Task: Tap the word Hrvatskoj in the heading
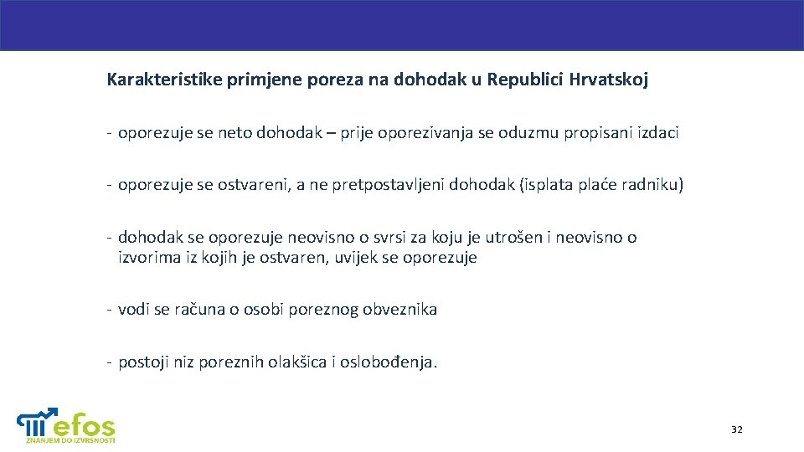pyautogui.click(x=609, y=80)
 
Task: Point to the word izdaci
pyautogui.click(x=657, y=133)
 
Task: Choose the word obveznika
pyautogui.click(x=399, y=310)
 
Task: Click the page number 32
pyautogui.click(x=736, y=429)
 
